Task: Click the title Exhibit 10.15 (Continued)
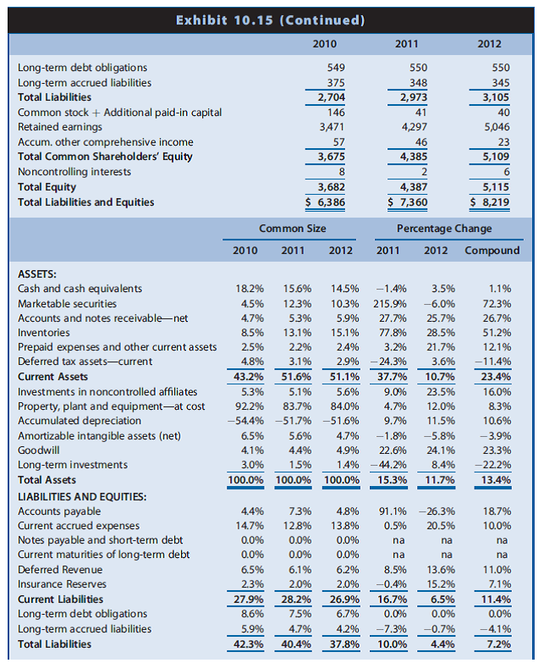tap(270, 19)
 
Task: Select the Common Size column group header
tap(293, 229)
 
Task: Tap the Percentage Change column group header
tap(444, 229)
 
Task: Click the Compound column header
tap(492, 251)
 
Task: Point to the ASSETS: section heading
tap(37, 274)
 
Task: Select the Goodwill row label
tap(39, 450)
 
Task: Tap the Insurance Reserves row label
tap(62, 583)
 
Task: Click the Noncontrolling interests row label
tap(74, 172)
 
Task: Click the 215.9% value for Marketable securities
tap(394, 303)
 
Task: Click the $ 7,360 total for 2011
tap(407, 202)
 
